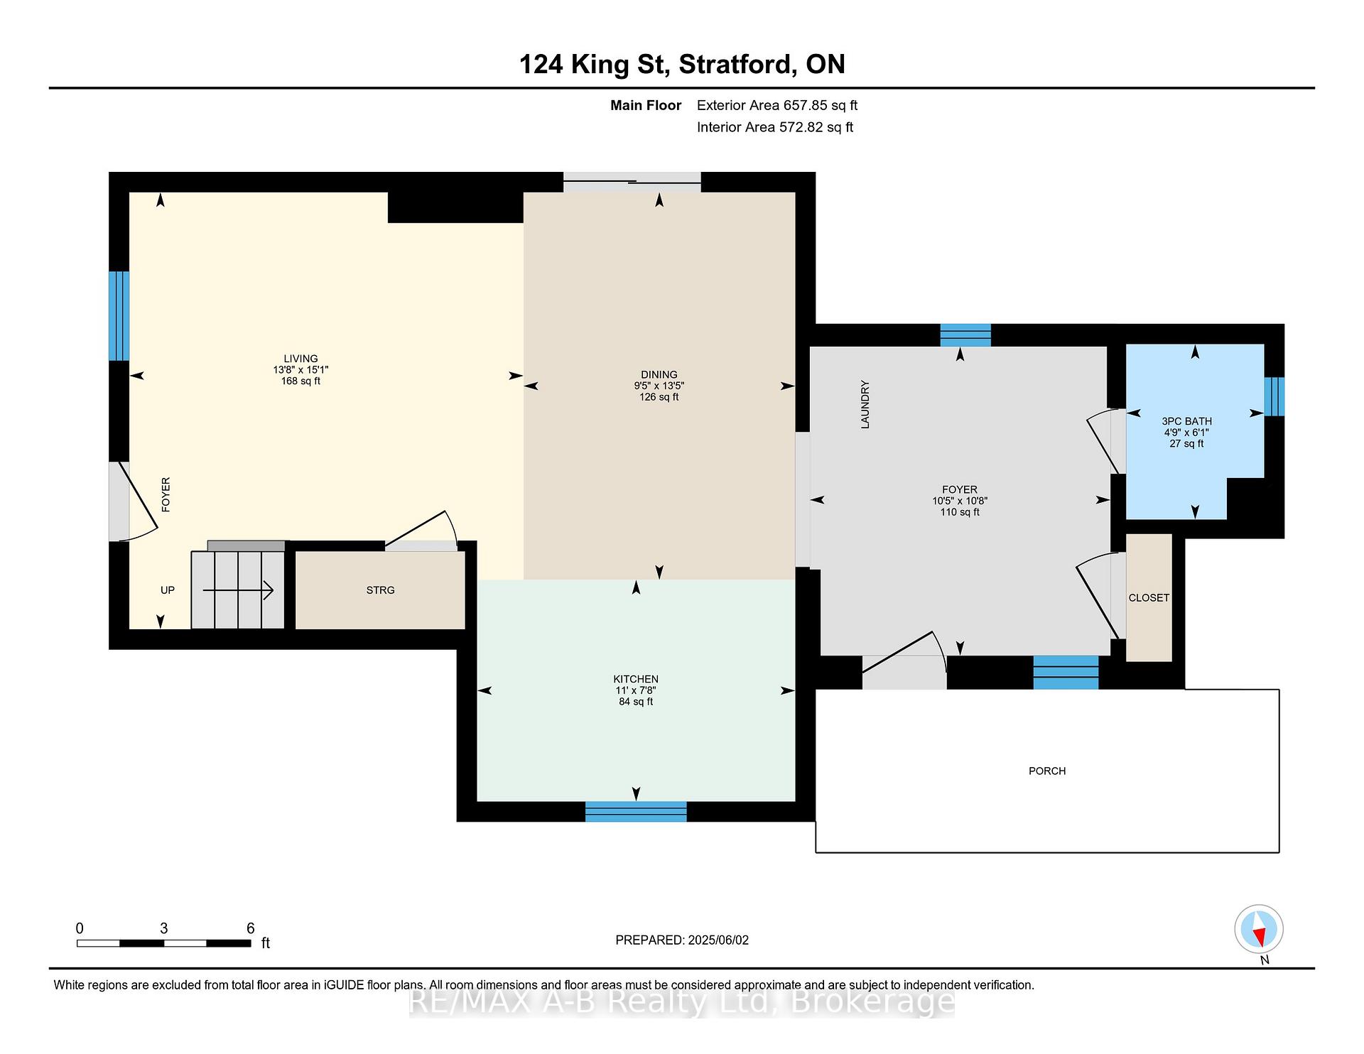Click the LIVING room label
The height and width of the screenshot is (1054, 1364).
coord(301,359)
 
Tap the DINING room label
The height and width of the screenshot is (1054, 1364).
coord(659,374)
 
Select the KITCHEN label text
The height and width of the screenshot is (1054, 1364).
coord(636,679)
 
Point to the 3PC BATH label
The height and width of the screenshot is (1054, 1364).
coord(1186,421)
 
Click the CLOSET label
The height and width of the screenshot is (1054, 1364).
coord(1149,598)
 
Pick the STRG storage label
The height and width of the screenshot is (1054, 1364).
coord(380,590)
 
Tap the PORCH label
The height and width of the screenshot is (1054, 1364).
coord(1047,771)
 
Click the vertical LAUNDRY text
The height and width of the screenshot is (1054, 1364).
coord(865,405)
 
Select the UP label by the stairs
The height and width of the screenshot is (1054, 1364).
coord(168,590)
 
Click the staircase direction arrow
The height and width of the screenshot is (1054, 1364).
coord(238,590)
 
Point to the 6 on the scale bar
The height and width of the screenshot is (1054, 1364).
coord(250,928)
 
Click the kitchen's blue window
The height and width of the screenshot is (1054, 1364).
coord(636,812)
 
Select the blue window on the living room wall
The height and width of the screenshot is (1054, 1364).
coord(119,316)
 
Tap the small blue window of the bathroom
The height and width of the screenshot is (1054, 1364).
coord(1274,396)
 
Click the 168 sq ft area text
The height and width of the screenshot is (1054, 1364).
coord(301,381)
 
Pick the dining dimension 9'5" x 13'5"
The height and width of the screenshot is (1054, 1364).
coord(659,386)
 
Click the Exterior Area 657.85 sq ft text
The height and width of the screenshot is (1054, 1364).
coord(777,105)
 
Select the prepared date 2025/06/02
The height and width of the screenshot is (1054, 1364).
coord(718,940)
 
